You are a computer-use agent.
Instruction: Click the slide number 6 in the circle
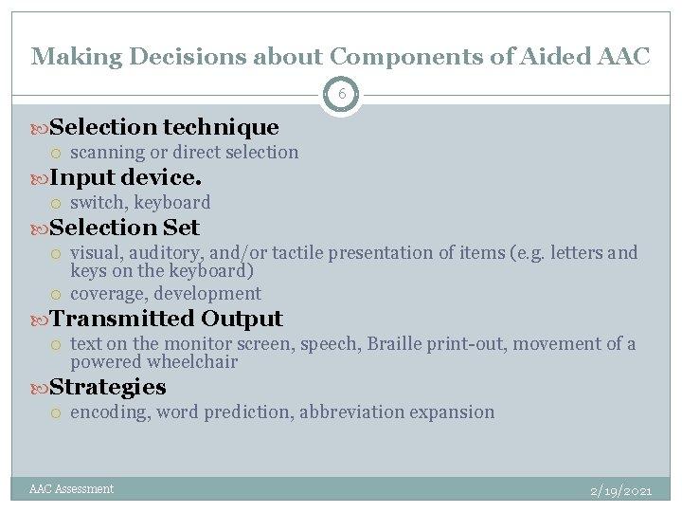[341, 94]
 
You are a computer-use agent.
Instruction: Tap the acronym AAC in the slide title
[623, 57]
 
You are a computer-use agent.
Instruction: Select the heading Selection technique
[164, 127]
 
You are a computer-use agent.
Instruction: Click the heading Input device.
[125, 177]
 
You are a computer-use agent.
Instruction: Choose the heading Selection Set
[124, 228]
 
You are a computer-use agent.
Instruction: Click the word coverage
[107, 294]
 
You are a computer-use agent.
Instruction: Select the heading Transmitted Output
[166, 319]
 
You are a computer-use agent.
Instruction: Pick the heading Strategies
[107, 387]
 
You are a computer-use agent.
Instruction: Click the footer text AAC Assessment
[71, 489]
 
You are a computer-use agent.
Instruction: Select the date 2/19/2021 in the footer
[620, 491]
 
